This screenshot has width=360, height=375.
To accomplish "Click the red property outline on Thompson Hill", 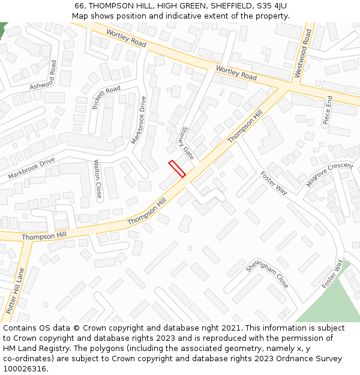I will coord(176,169).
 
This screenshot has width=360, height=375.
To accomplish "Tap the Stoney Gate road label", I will coord(185,142).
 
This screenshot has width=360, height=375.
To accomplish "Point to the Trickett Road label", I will coord(106,98).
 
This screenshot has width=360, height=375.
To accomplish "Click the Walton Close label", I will coord(98,179).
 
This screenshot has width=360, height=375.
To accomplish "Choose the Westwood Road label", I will coord(303,54).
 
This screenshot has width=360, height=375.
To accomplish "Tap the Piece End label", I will coord(328,109).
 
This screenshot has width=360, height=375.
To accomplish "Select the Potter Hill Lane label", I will coord(14,292).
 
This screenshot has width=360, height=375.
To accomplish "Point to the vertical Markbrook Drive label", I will coord(139,120).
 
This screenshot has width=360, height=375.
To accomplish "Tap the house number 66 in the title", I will coord(79,5).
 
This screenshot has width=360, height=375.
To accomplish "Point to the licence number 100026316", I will coord(26,368).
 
